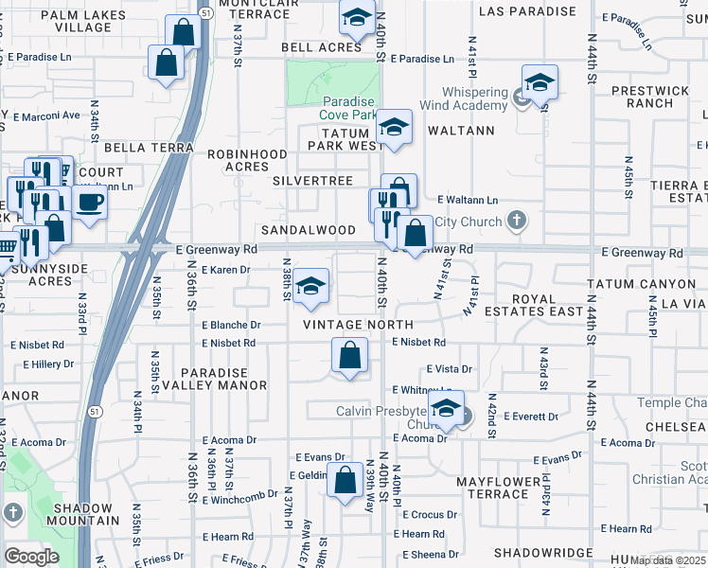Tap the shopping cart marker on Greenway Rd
5,248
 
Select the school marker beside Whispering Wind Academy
539,82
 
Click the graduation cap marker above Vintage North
310,287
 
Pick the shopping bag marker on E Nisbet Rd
349,356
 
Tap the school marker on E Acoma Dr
445,408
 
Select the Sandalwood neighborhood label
309,230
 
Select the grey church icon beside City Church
515,222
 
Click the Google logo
31,556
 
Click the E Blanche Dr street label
231,324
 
